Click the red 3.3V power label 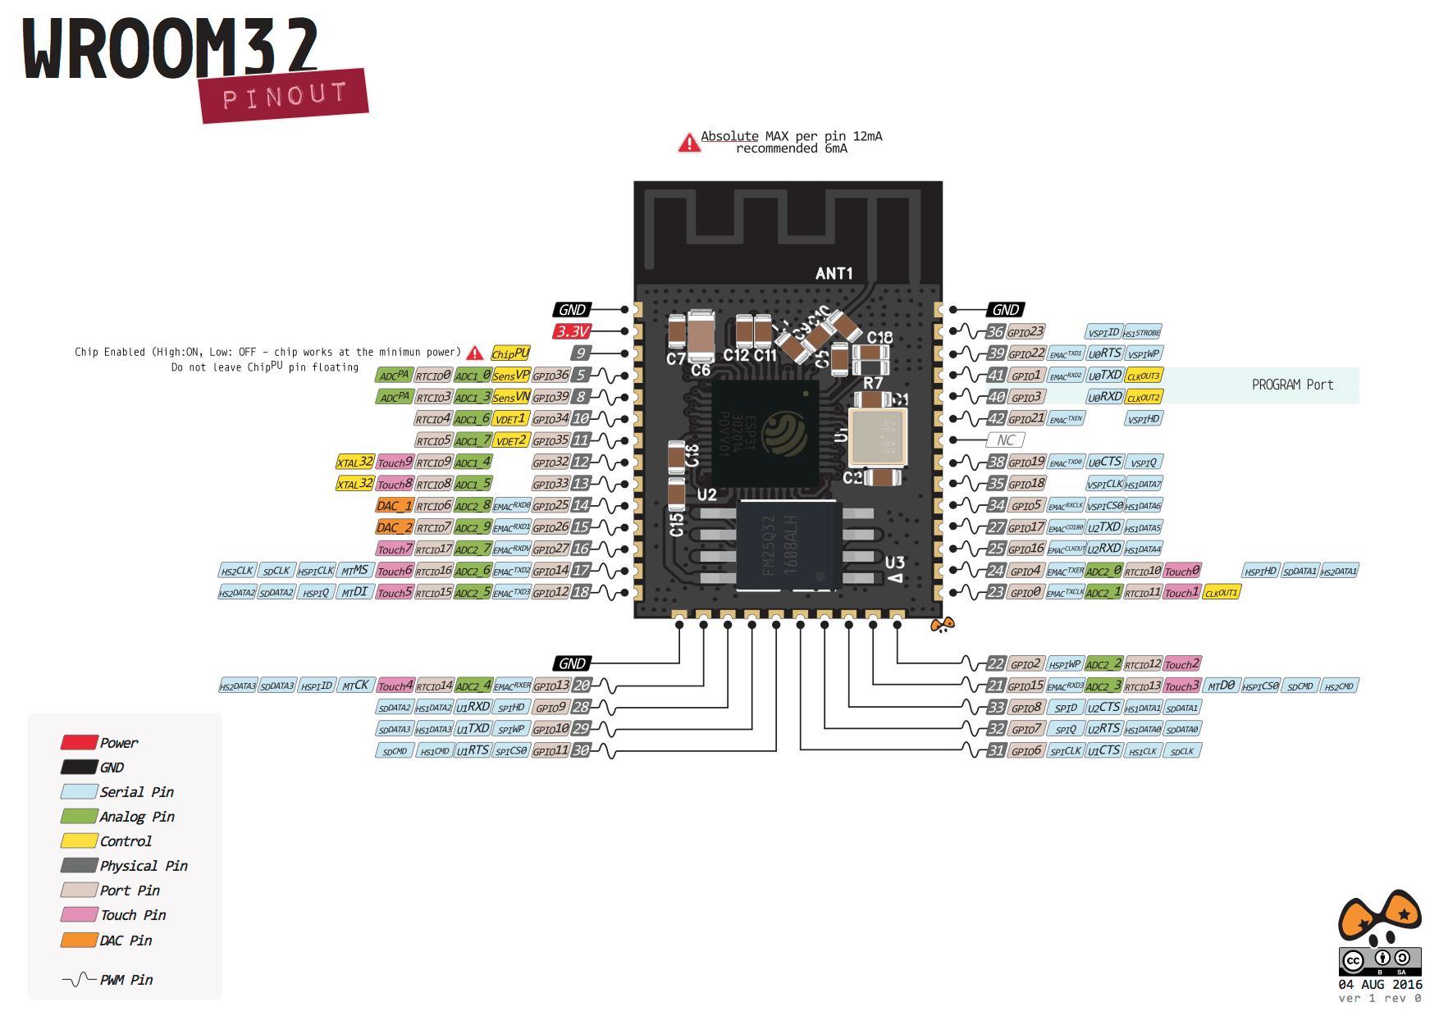pos(572,331)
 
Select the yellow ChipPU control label pos(510,353)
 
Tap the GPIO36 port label pos(550,376)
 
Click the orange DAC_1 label pos(395,506)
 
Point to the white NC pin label pos(1005,440)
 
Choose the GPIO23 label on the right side pos(1026,332)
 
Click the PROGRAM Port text pos(1292,385)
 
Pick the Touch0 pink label pos(1182,571)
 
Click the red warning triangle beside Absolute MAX pos(689,144)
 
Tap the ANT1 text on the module pos(834,273)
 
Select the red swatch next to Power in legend pos(79,742)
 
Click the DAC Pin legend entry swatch pos(79,940)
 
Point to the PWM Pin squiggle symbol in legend pos(79,979)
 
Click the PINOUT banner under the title pos(284,96)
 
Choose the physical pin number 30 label pos(581,750)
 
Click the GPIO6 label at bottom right pos(1026,750)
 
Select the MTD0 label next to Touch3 pos(1221,686)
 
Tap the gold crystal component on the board pos(877,435)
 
